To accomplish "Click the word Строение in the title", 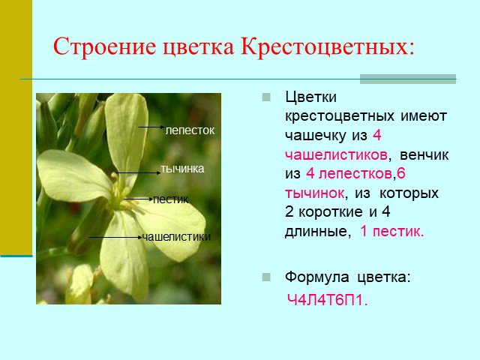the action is (104, 46).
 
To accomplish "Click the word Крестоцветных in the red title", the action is (327, 46).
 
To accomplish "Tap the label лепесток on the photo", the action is (190, 130).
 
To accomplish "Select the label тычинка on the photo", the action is (182, 169).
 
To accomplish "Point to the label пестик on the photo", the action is (170, 199).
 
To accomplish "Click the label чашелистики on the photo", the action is (176, 237).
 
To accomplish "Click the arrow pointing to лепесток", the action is (151, 127).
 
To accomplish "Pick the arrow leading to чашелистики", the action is (115, 237).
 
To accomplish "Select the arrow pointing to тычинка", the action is (138, 173).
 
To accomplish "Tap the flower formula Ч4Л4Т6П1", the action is (327, 300).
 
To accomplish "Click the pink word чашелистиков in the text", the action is (336, 155).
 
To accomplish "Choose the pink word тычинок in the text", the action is (315, 193).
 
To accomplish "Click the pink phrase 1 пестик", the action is (391, 231).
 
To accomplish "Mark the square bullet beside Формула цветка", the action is (266, 277).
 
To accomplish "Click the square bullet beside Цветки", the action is (266, 97).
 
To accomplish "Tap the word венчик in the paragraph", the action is (424, 155).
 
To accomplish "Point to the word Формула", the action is (316, 277).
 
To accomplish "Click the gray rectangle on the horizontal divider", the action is (408, 79).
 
